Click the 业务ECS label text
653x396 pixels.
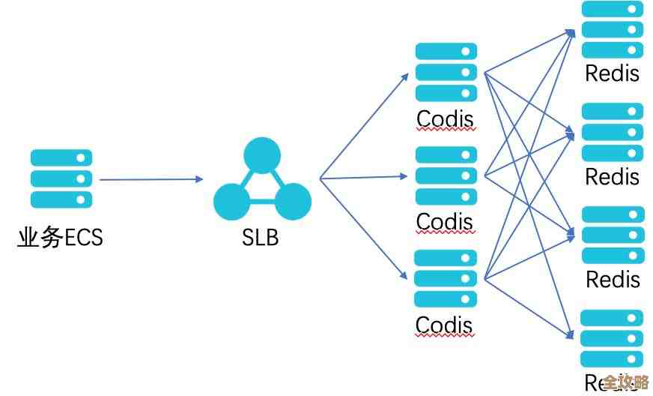pyautogui.click(x=60, y=238)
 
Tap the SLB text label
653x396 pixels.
pyautogui.click(x=261, y=238)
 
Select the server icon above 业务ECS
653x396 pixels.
pyautogui.click(x=61, y=178)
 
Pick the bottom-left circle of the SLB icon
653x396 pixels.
pyautogui.click(x=232, y=201)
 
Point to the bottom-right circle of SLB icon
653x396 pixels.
pyautogui.click(x=292, y=201)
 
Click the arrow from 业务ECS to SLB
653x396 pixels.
pyautogui.click(x=150, y=179)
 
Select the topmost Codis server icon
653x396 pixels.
pyautogui.click(x=446, y=72)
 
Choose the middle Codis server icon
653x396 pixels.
pyautogui.click(x=446, y=175)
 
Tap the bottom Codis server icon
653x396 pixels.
pyautogui.click(x=446, y=278)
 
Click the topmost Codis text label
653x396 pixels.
pyautogui.click(x=446, y=118)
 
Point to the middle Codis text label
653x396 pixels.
pyautogui.click(x=446, y=222)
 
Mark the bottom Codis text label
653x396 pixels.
pyautogui.click(x=446, y=325)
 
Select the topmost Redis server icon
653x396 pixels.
pyautogui.click(x=613, y=30)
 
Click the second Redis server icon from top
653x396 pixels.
pyautogui.click(x=613, y=133)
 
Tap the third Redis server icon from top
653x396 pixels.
pyautogui.click(x=613, y=235)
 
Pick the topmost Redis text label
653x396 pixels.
pyautogui.click(x=613, y=73)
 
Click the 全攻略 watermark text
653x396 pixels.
pyautogui.click(x=626, y=381)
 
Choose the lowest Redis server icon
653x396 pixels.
pyautogui.click(x=613, y=337)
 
